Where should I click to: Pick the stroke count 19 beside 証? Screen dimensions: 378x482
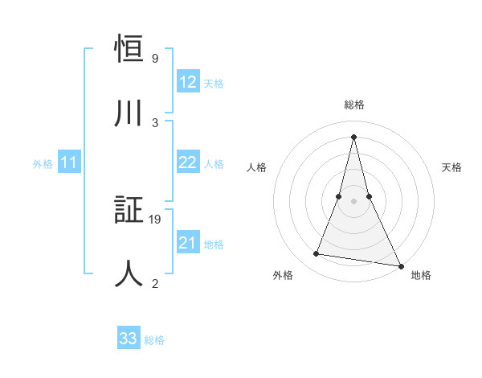[x=156, y=220]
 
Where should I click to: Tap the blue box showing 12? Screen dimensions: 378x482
[x=188, y=82]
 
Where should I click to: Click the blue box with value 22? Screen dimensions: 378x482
[x=188, y=162]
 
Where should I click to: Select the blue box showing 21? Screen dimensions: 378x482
[x=188, y=243]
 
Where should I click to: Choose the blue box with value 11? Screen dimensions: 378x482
[x=68, y=163]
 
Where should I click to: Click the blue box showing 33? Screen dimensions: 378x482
[x=129, y=339]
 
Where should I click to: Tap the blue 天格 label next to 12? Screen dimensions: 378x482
[x=214, y=83]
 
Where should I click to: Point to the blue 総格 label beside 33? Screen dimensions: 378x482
[x=154, y=339]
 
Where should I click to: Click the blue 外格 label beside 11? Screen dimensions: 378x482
[x=43, y=164]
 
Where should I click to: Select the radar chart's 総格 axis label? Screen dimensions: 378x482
[x=353, y=105]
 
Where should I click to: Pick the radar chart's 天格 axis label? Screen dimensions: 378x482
[x=451, y=167]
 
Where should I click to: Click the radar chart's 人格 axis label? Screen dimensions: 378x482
[x=256, y=167]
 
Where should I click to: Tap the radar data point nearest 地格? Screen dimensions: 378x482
[x=399, y=265]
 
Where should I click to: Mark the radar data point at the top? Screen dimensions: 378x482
[x=353, y=137]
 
